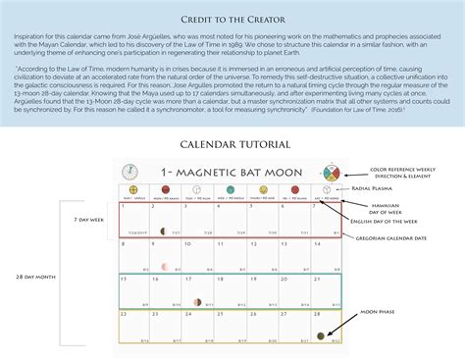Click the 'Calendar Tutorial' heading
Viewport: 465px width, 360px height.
232,145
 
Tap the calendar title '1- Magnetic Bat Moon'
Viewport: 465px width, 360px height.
232,174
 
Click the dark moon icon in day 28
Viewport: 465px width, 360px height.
321,335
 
